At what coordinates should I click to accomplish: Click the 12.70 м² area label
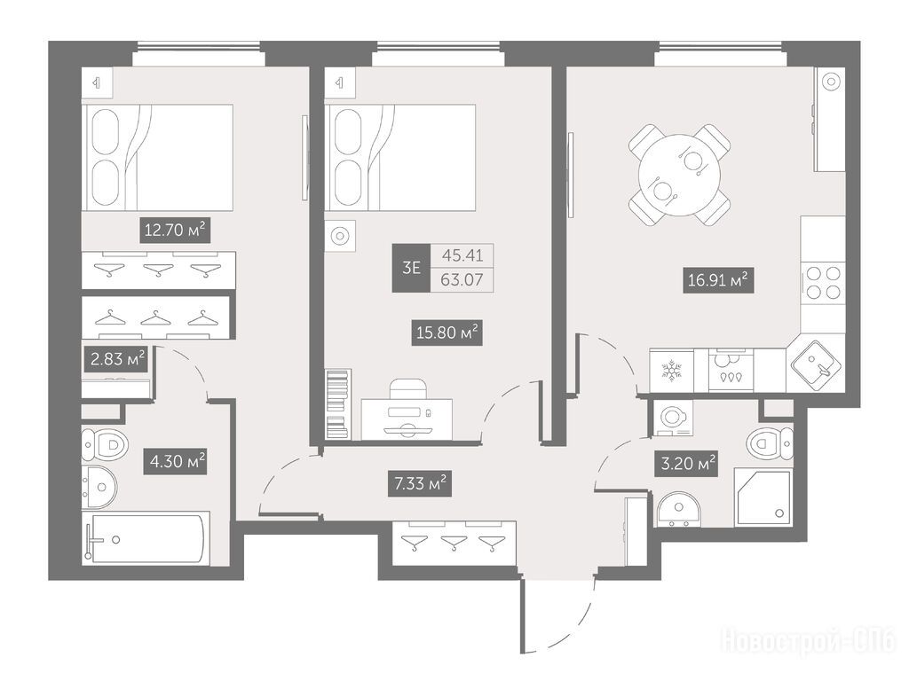[175, 230]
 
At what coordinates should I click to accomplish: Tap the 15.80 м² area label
[447, 333]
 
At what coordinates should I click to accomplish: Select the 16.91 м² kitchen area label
[717, 280]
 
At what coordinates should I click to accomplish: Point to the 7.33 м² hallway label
[420, 483]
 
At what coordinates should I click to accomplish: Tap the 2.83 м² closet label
[116, 359]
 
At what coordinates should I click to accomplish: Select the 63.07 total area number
[462, 279]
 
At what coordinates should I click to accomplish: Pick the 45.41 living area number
[462, 255]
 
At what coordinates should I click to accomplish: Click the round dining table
[679, 175]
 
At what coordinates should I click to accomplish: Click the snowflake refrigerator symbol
[672, 370]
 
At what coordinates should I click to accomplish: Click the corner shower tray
[763, 498]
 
